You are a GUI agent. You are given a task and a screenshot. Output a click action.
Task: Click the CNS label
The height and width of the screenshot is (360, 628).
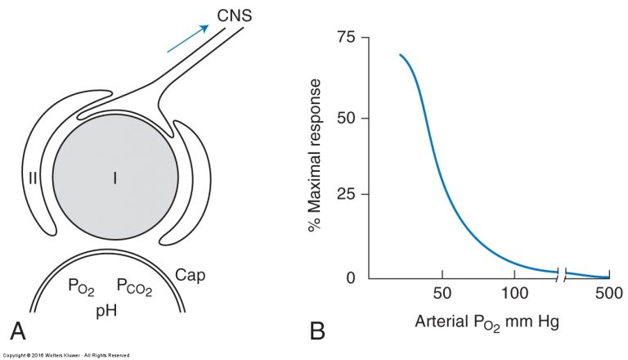click(x=235, y=16)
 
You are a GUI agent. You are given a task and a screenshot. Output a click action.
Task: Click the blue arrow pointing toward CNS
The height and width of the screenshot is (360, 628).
click(x=188, y=38)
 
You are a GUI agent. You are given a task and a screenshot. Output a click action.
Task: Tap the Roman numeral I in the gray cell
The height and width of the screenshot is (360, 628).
click(x=115, y=178)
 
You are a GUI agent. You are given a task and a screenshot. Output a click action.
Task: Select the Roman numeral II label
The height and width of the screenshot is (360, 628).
click(x=33, y=178)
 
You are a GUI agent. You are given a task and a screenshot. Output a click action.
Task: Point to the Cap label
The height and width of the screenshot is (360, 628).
click(x=191, y=276)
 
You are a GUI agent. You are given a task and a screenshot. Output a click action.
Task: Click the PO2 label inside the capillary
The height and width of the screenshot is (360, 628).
click(x=81, y=287)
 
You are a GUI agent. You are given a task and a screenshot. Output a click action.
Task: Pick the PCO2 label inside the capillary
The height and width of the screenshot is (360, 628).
click(x=134, y=287)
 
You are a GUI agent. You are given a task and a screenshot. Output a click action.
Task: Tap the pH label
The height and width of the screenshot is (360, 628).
click(x=106, y=311)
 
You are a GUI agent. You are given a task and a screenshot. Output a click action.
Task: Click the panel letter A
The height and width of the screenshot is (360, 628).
click(x=18, y=331)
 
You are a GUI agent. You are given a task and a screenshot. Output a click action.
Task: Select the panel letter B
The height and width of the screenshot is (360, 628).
click(x=317, y=331)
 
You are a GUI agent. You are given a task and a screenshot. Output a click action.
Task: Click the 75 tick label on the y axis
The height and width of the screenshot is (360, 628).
click(x=346, y=38)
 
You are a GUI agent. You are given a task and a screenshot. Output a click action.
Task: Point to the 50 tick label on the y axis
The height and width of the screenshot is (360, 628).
click(x=346, y=119)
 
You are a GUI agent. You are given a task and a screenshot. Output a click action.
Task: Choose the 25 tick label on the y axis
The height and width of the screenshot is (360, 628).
click(x=346, y=195)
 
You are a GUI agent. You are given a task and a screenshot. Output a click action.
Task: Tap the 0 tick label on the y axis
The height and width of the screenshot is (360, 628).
click(x=351, y=278)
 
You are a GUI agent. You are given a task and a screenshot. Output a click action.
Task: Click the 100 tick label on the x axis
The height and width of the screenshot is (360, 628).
click(x=514, y=293)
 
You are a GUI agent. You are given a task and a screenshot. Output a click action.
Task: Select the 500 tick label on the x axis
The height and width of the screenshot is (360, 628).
click(x=609, y=293)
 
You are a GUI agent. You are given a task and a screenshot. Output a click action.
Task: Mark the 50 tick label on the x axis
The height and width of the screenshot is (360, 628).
click(x=442, y=293)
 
